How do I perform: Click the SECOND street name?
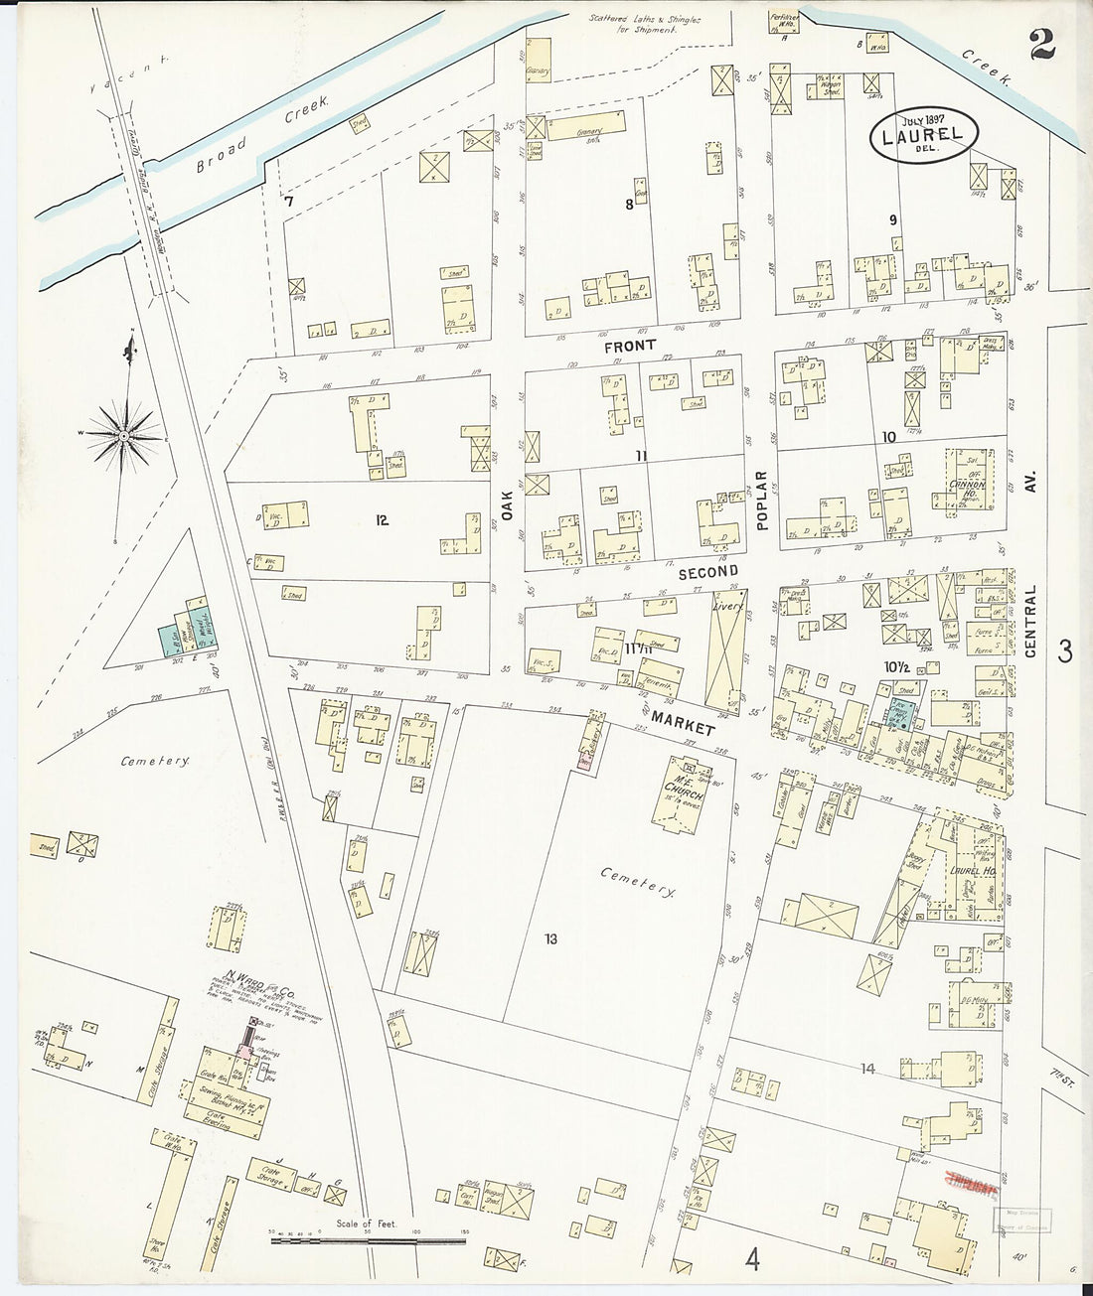pyautogui.click(x=708, y=572)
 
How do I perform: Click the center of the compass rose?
pyautogui.click(x=122, y=435)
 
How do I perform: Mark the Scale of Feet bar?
pyautogui.click(x=368, y=1237)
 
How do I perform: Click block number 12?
pyautogui.click(x=382, y=520)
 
